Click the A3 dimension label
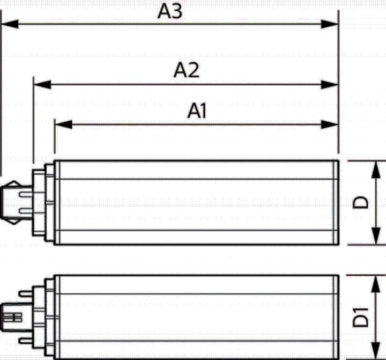(x=170, y=11)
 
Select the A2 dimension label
(x=187, y=70)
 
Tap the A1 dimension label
(x=197, y=111)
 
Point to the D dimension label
(x=361, y=202)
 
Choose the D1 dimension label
(x=361, y=317)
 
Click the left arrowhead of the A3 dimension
(x=10, y=24)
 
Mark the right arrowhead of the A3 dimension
(x=330, y=24)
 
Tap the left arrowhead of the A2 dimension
(x=42, y=85)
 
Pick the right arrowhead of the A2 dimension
(x=330, y=85)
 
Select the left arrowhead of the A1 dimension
(x=63, y=124)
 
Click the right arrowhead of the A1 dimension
(x=330, y=124)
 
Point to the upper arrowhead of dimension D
(x=376, y=170)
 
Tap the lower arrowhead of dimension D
(x=376, y=236)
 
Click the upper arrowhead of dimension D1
(x=376, y=284)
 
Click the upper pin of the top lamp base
(x=26, y=195)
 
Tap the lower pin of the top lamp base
(x=26, y=211)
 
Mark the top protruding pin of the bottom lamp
(x=26, y=293)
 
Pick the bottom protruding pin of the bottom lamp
(x=26, y=341)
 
